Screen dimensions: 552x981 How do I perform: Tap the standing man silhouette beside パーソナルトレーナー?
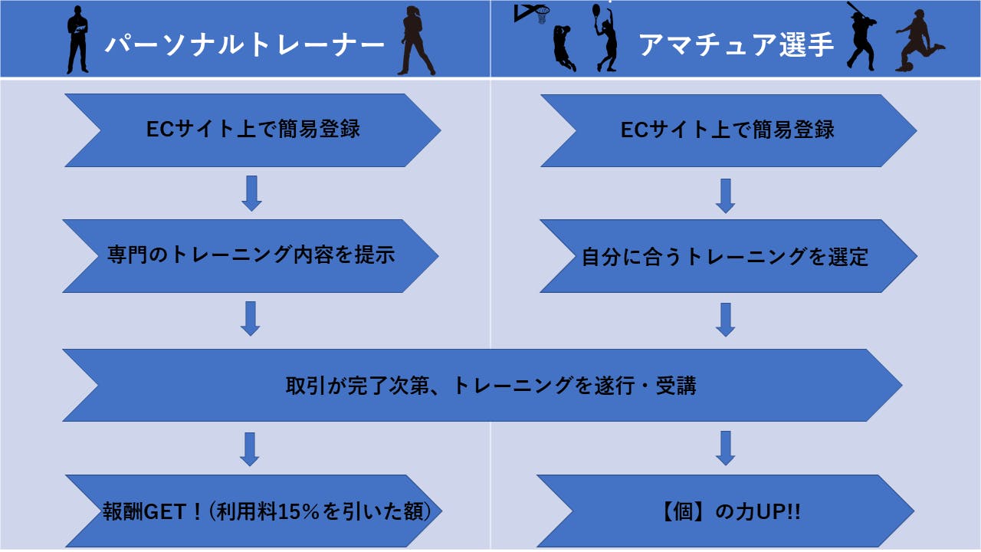[x=78, y=40]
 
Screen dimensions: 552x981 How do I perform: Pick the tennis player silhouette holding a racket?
[x=605, y=38]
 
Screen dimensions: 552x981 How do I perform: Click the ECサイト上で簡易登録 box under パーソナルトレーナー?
[x=253, y=130]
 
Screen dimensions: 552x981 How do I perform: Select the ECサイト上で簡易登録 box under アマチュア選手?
[x=727, y=130]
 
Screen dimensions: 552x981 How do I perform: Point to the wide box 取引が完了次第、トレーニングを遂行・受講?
[x=490, y=385]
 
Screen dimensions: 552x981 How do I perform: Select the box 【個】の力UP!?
[x=725, y=511]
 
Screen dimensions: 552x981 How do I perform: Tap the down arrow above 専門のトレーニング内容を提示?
[x=251, y=195]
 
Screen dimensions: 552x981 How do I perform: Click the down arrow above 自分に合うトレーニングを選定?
[x=725, y=196]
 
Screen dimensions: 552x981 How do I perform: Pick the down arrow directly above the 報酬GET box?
[x=250, y=449]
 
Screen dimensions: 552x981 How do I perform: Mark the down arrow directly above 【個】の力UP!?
[x=724, y=449]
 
